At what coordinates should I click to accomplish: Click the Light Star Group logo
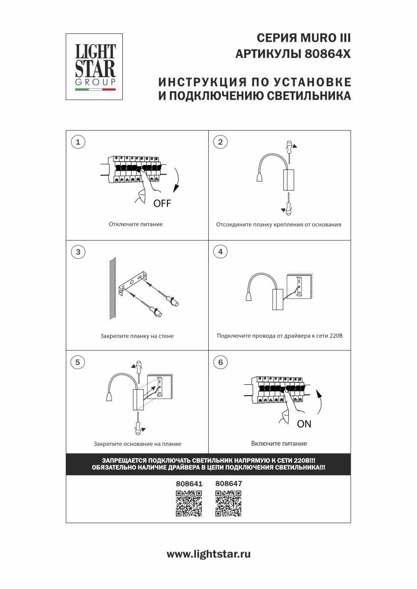(x=94, y=67)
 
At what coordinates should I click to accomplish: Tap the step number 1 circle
(x=78, y=142)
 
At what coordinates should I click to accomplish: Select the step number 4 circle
(x=220, y=252)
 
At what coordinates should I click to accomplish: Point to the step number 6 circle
(x=220, y=362)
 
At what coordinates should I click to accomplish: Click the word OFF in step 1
(x=162, y=203)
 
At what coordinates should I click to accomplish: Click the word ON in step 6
(x=304, y=424)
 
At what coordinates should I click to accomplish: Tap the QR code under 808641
(x=189, y=504)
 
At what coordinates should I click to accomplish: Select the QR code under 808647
(x=228, y=504)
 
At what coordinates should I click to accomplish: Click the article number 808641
(x=189, y=483)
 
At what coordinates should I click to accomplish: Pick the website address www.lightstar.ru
(x=209, y=554)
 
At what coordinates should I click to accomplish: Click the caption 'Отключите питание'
(x=136, y=224)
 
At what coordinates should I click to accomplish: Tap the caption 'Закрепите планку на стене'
(x=137, y=336)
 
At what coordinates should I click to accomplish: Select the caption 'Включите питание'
(x=279, y=444)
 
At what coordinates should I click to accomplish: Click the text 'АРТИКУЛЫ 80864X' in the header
(x=293, y=54)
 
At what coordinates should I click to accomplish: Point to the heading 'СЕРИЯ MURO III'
(x=304, y=38)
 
